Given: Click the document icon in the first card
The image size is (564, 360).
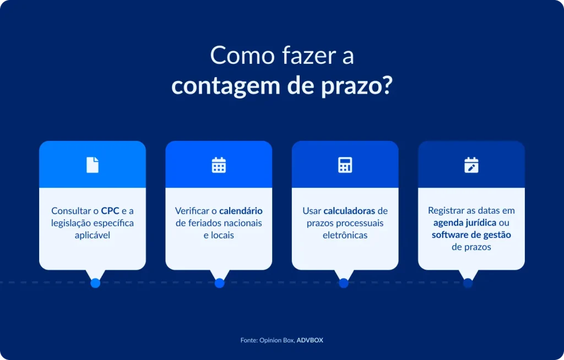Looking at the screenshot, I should click(93, 165).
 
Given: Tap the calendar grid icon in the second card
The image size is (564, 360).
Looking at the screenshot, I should click(219, 165).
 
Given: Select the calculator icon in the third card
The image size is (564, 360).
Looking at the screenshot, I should click(345, 165).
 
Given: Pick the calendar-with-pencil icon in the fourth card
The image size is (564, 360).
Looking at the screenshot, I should click(471, 165).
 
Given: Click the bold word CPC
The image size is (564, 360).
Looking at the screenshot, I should click(110, 211).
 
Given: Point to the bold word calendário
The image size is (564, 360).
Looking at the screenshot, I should click(241, 211).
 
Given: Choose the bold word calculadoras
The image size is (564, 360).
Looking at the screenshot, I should click(349, 211).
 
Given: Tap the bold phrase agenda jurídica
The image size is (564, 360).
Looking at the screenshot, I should click(465, 223).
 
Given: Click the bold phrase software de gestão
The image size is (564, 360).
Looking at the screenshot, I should click(471, 235).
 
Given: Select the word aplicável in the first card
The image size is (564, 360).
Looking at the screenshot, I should click(93, 235).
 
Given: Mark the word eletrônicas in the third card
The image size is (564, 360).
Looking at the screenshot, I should click(345, 235).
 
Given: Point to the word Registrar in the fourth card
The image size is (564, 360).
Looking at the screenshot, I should click(446, 211).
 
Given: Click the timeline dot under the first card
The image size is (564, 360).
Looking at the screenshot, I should click(95, 283).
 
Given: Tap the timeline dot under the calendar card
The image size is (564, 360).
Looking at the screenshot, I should click(219, 283).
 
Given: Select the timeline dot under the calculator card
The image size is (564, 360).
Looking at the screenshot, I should click(344, 283).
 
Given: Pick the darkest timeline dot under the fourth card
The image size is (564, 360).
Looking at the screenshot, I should click(468, 283).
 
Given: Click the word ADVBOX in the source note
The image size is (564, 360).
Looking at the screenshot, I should click(310, 340).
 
